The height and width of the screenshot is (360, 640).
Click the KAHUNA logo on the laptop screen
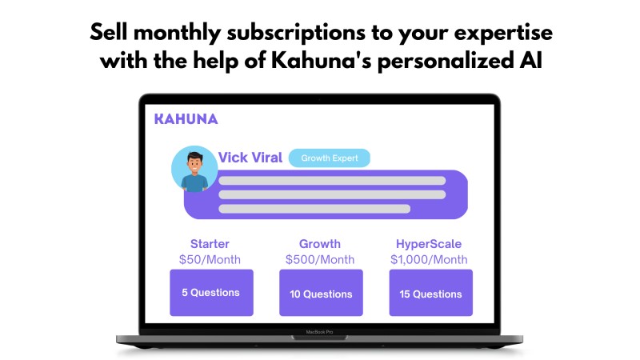(x=186, y=119)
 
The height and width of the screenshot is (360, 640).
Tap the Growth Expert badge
(x=330, y=158)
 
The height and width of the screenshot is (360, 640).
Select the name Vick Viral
(x=250, y=158)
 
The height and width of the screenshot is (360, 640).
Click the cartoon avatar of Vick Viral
(x=194, y=169)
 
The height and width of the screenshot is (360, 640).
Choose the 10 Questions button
(x=321, y=293)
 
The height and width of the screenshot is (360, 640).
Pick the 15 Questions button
(x=430, y=293)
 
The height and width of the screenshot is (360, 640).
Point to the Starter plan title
(x=210, y=244)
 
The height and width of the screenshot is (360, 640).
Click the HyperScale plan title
(x=429, y=244)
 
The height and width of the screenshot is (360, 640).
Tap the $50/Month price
(x=210, y=259)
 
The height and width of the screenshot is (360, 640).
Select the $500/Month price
(x=320, y=259)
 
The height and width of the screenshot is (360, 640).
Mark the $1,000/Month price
(x=429, y=259)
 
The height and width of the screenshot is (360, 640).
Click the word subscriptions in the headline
(x=296, y=33)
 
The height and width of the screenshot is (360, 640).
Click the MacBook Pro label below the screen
(x=319, y=332)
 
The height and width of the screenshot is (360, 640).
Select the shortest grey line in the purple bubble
(x=314, y=209)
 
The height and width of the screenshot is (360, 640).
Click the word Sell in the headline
(x=109, y=32)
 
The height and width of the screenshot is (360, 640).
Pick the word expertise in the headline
(x=503, y=34)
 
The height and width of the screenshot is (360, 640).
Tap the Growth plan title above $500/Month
(x=319, y=244)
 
